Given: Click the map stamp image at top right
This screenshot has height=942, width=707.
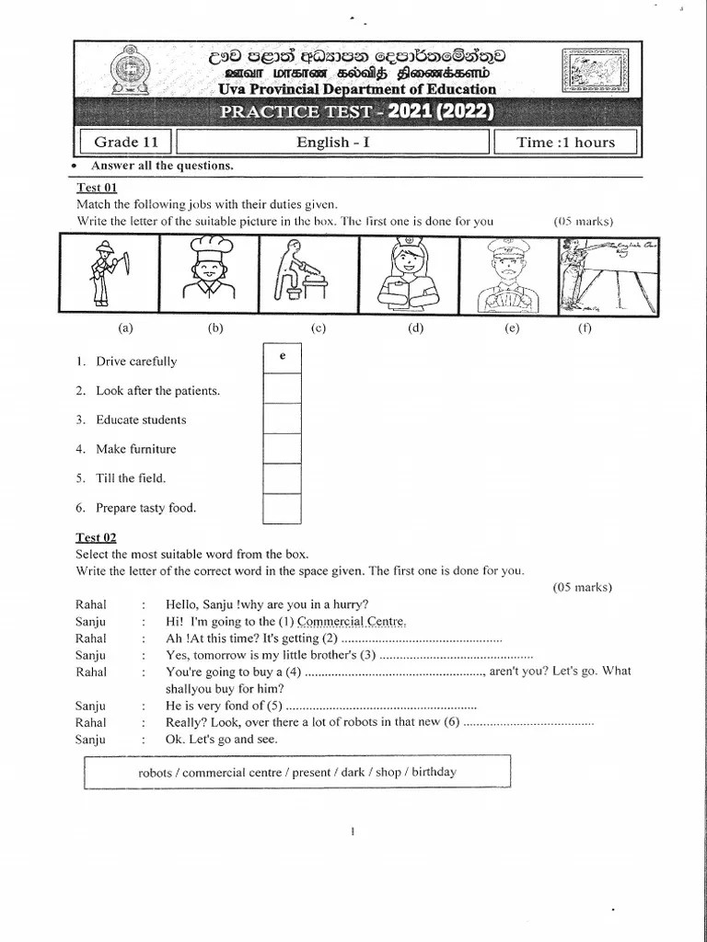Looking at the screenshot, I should [597, 71].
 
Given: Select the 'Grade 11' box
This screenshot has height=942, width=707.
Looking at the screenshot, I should [127, 142].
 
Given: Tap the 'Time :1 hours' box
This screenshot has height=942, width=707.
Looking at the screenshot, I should [565, 142].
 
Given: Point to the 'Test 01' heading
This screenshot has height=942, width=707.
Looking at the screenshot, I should [96, 187].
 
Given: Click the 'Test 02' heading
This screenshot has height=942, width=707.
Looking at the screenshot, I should [96, 537].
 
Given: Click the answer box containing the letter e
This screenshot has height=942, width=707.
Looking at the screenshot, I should [283, 359].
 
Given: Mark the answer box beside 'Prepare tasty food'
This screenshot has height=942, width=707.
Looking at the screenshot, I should [283, 508].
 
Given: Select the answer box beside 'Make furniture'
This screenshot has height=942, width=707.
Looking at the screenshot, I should [283, 449].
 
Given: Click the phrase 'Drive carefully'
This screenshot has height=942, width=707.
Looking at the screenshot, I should [136, 362].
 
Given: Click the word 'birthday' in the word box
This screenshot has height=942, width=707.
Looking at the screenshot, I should [434, 772].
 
